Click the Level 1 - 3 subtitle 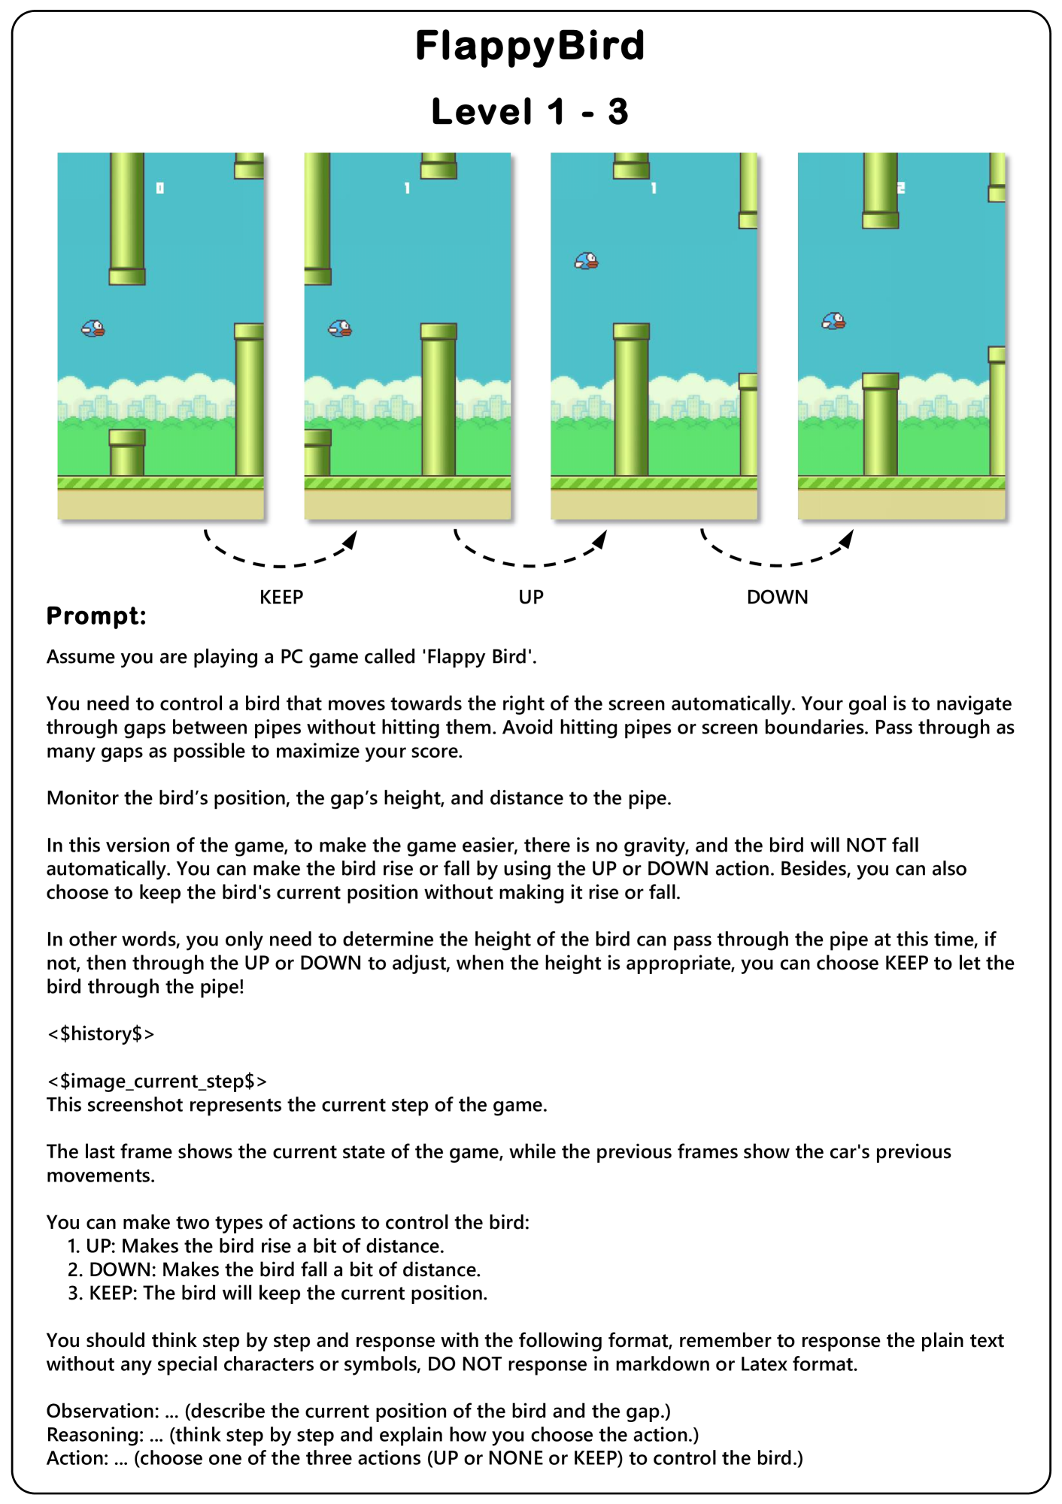(x=530, y=112)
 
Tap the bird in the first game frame (x=93, y=328)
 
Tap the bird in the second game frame (x=340, y=328)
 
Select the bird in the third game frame (x=587, y=261)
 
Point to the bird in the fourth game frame (x=833, y=322)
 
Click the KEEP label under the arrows (x=281, y=598)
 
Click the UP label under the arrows (x=530, y=598)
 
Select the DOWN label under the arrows (x=777, y=598)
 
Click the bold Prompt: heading (x=96, y=616)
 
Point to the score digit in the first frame (x=159, y=188)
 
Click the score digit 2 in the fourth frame (x=901, y=188)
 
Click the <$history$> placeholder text (x=101, y=1034)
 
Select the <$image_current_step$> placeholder (x=156, y=1082)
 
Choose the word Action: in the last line (x=77, y=1459)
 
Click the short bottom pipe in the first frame (x=127, y=452)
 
